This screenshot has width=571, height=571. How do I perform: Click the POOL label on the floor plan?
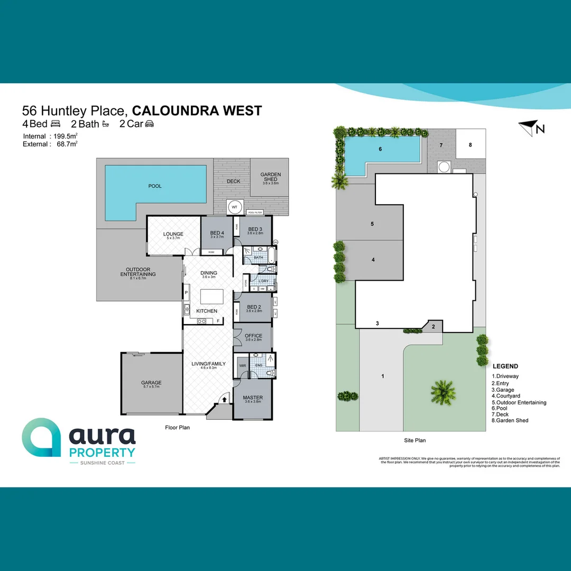(x=155, y=186)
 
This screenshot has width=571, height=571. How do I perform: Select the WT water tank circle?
(x=234, y=207)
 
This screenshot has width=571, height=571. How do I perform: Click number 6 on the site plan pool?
(x=380, y=149)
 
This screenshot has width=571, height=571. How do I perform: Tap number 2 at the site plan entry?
(x=434, y=327)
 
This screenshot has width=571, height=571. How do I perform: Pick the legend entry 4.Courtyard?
(x=506, y=396)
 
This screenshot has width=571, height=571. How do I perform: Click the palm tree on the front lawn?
(x=443, y=392)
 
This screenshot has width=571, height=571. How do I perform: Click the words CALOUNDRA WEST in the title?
(x=197, y=110)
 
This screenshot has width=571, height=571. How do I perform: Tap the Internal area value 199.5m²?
(x=65, y=136)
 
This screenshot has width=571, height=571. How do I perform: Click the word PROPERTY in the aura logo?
(x=103, y=453)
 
